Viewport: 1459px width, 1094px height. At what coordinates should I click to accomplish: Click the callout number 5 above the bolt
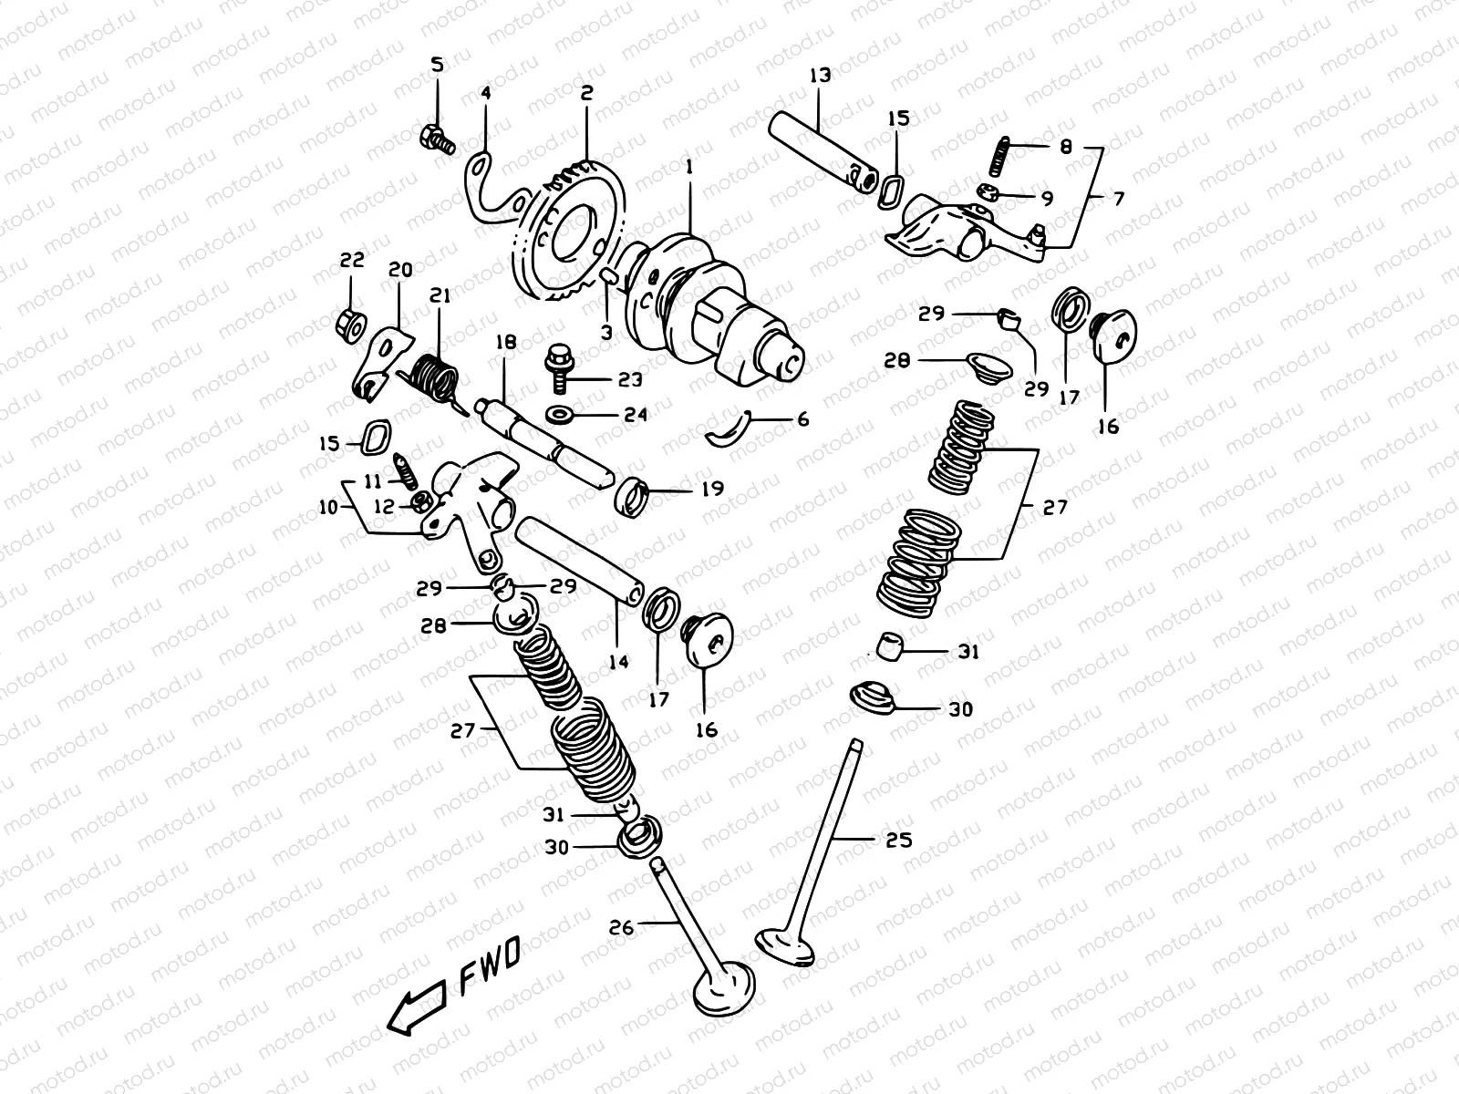(437, 65)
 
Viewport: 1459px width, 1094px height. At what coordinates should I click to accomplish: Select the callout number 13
(820, 75)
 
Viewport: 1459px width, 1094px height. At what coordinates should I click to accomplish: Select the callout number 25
(898, 840)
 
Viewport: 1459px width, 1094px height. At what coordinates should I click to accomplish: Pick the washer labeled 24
(559, 415)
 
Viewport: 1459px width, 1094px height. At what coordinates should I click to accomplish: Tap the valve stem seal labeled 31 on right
(890, 645)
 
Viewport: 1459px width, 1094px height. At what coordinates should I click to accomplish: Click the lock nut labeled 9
(989, 192)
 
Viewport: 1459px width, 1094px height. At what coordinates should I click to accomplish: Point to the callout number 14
(618, 662)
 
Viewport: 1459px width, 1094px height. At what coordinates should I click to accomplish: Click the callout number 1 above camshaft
(689, 167)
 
